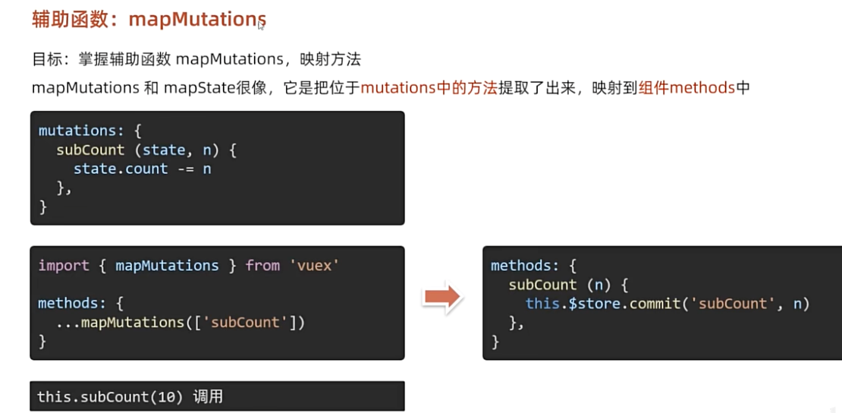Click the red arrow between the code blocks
[443, 298]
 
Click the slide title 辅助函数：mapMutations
[149, 20]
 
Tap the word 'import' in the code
[63, 266]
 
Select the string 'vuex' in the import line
[313, 266]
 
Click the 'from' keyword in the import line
[262, 266]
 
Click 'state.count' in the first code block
[120, 169]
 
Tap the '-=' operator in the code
[185, 169]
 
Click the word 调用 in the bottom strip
[208, 397]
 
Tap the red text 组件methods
[687, 87]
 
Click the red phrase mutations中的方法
[429, 87]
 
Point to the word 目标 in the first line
[46, 60]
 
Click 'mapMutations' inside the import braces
[167, 266]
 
